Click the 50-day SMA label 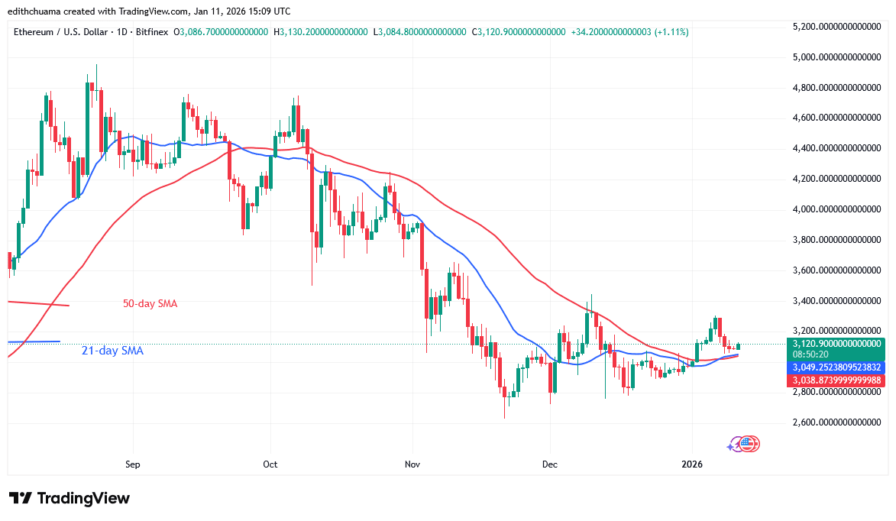click(x=150, y=303)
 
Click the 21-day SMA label click(x=112, y=351)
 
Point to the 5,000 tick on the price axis click(x=838, y=57)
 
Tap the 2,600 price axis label click(x=838, y=422)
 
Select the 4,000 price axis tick click(x=838, y=209)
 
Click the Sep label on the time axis click(x=133, y=464)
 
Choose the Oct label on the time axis click(x=270, y=464)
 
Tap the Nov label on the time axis click(x=412, y=464)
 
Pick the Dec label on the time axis click(x=548, y=464)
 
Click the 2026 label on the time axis click(x=692, y=464)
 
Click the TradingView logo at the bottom click(x=70, y=498)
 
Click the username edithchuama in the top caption click(x=38, y=11)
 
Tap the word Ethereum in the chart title click(x=35, y=32)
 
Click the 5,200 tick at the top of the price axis click(x=838, y=27)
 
